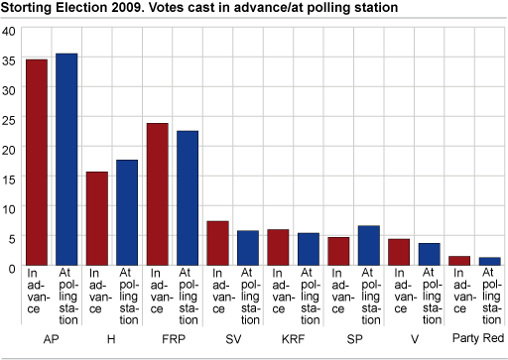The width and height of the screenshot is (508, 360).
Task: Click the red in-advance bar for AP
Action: pyautogui.click(x=37, y=163)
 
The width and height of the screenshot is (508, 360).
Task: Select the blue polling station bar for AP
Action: pyautogui.click(x=66, y=160)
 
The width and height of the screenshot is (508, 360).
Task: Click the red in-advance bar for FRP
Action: pyautogui.click(x=158, y=194)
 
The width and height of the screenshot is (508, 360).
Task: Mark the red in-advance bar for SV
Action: pyautogui.click(x=217, y=243)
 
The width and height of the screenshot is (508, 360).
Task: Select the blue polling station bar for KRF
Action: pyautogui.click(x=308, y=249)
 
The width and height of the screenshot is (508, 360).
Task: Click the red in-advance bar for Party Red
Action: pyautogui.click(x=458, y=261)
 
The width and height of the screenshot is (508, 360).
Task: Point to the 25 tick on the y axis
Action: pyautogui.click(x=8, y=119)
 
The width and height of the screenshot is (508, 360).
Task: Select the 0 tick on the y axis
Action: pyautogui.click(x=11, y=268)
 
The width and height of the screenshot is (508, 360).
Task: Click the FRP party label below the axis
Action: pyautogui.click(x=172, y=337)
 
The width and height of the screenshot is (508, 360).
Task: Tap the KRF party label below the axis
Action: pyautogui.click(x=292, y=337)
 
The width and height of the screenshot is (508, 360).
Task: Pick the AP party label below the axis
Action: pyautogui.click(x=52, y=337)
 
